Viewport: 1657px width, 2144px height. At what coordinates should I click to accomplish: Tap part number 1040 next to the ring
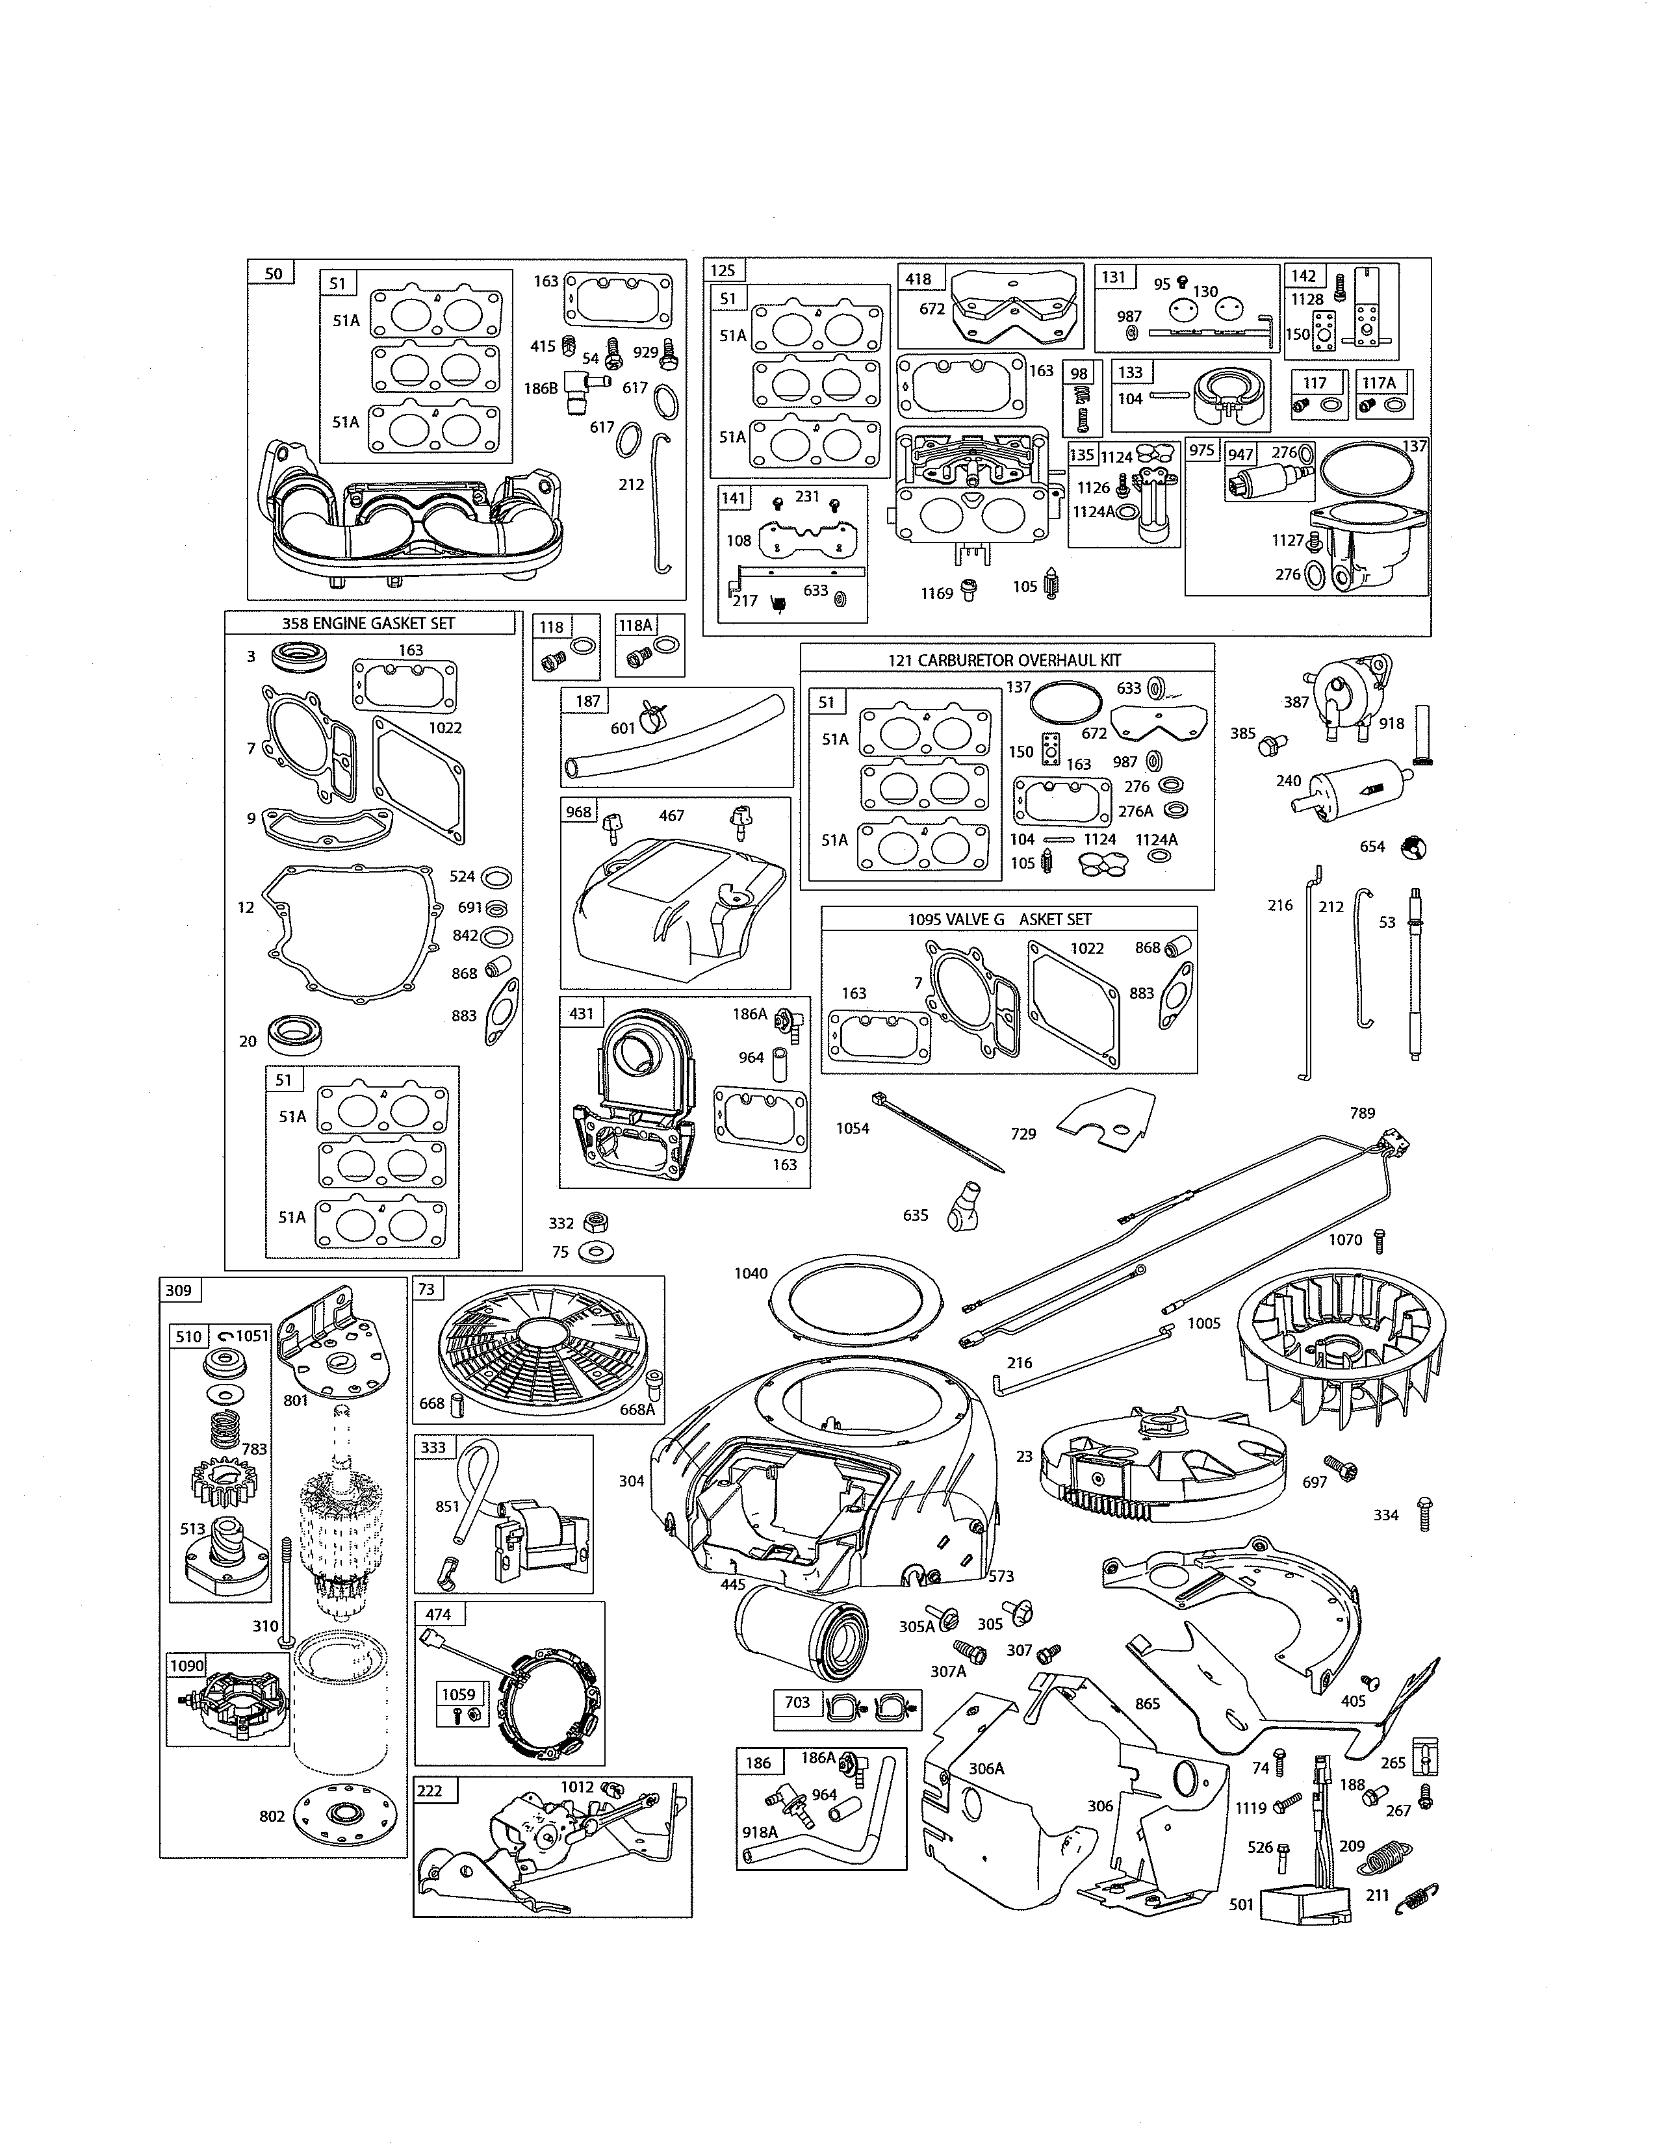point(751,1273)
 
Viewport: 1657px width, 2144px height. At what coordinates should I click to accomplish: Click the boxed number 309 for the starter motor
point(179,1290)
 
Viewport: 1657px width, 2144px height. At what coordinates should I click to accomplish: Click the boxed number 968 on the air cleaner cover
point(579,812)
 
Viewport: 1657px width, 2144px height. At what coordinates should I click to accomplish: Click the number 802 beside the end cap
point(272,1816)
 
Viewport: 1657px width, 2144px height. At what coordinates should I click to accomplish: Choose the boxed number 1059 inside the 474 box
point(458,1694)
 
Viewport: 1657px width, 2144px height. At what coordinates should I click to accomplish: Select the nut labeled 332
point(593,1222)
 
